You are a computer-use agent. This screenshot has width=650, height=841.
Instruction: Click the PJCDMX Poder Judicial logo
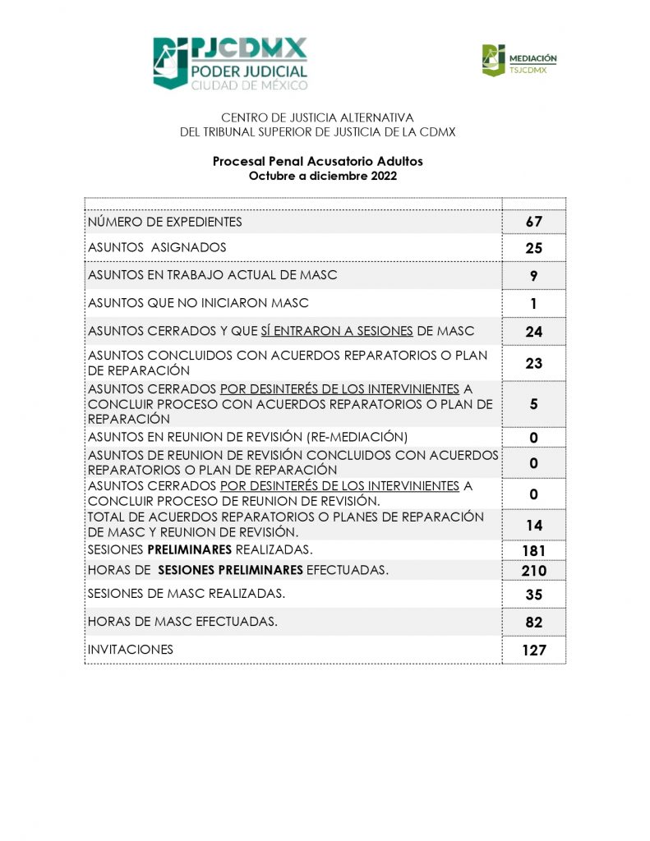(230, 63)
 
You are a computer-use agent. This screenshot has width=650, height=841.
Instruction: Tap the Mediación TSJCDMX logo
(519, 60)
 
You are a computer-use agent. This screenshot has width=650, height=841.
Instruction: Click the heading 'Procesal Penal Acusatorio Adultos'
(317, 162)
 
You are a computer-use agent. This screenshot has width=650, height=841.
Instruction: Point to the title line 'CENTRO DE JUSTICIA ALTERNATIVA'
(317, 118)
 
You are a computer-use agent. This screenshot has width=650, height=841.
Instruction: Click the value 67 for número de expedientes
(534, 222)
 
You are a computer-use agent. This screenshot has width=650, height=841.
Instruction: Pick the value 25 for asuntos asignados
(534, 248)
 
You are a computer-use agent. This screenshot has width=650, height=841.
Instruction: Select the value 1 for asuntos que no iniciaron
(534, 304)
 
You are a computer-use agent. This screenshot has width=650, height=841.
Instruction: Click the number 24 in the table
(534, 333)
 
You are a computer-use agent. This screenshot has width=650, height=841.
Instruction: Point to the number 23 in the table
(534, 363)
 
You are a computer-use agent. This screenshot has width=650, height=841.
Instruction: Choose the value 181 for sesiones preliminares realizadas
(534, 550)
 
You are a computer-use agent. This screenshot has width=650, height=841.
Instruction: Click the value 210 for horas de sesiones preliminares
(534, 571)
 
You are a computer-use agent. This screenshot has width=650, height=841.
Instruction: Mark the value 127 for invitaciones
(534, 650)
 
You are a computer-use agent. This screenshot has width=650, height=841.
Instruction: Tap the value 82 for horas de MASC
(534, 623)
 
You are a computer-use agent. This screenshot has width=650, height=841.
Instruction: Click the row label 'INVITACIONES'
(131, 650)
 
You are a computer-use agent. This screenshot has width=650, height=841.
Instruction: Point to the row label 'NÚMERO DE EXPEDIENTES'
(165, 222)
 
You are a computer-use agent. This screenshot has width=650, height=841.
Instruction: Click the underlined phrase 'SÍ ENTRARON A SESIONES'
(337, 331)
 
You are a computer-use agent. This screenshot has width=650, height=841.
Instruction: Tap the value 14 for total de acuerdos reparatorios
(534, 525)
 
